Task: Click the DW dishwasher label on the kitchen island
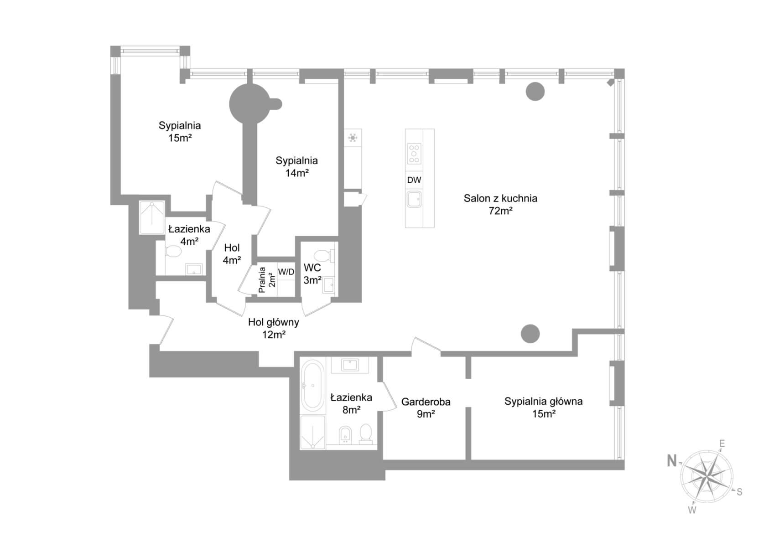[414, 180]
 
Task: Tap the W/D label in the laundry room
[286, 272]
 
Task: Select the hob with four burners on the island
[414, 153]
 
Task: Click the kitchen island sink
[414, 199]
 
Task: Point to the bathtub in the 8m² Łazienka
[312, 386]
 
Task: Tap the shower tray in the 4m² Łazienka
[152, 218]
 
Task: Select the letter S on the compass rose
[739, 492]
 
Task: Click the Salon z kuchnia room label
[500, 199]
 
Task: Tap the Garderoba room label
[426, 402]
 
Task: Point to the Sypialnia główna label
[544, 402]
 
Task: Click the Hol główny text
[274, 323]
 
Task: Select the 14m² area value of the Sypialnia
[297, 173]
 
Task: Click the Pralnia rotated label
[262, 280]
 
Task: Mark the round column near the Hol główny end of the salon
[530, 334]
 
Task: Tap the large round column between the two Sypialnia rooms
[249, 103]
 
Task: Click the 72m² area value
[500, 211]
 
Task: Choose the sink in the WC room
[328, 285]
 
